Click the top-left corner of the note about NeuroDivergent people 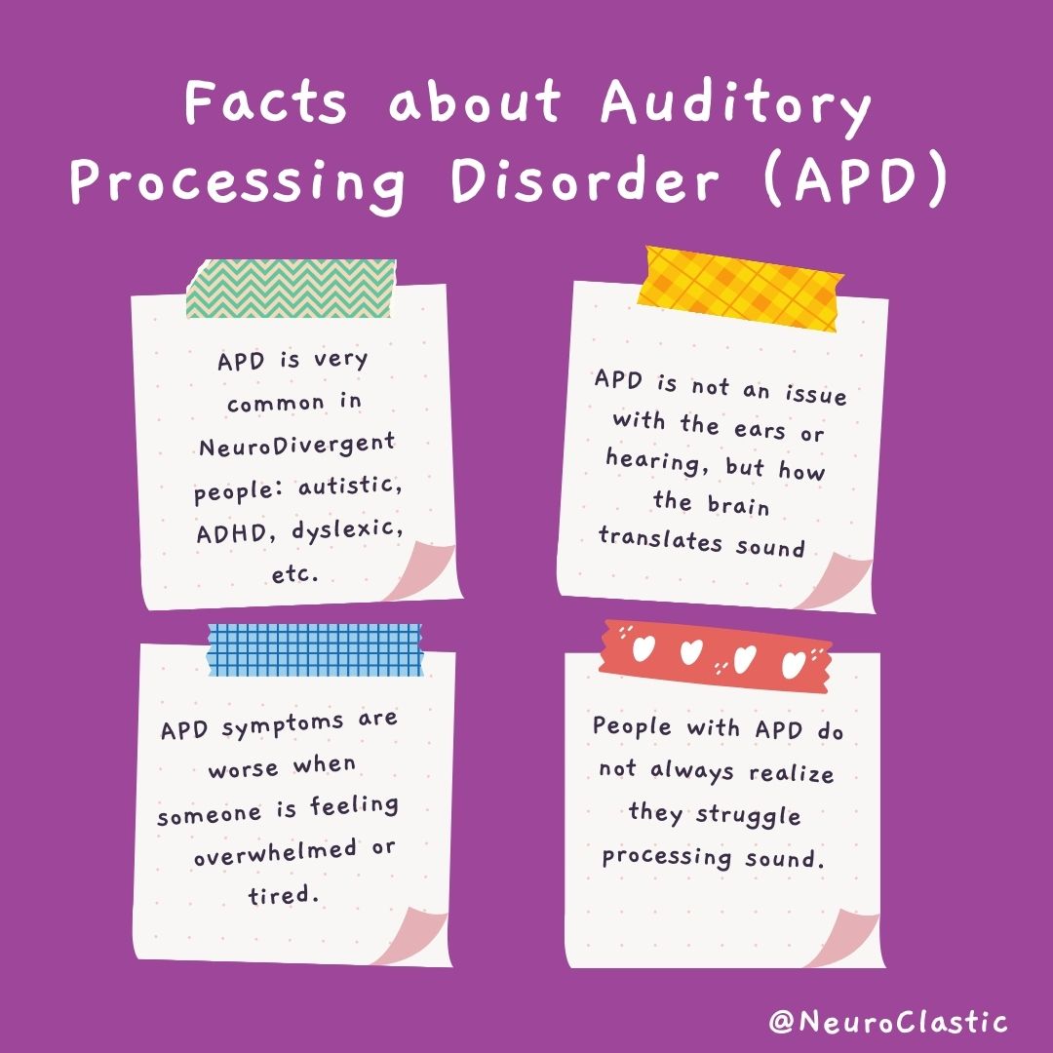(x=132, y=295)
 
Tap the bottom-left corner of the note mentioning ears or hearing (x=558, y=594)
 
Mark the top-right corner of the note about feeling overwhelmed (x=455, y=652)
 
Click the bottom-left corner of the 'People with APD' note (x=568, y=968)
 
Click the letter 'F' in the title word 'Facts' (x=199, y=101)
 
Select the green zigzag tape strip (x=292, y=288)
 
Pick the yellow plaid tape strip (x=741, y=288)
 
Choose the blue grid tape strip (x=316, y=649)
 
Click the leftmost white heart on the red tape (x=643, y=648)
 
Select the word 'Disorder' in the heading (x=585, y=181)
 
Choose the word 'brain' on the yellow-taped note (x=738, y=504)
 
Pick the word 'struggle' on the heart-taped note (x=748, y=815)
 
